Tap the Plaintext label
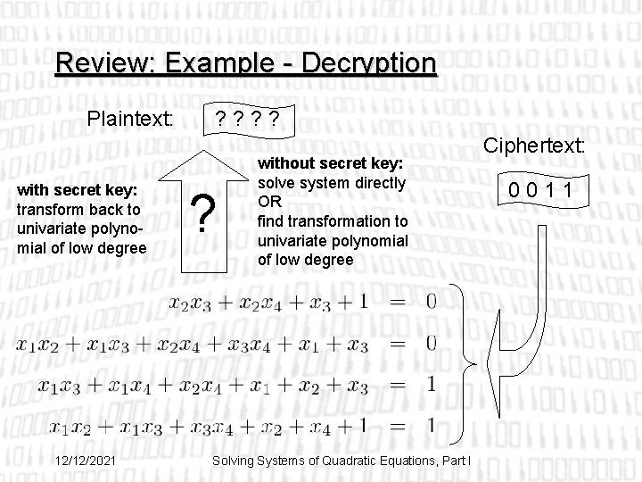(x=129, y=119)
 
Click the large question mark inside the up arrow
(x=206, y=217)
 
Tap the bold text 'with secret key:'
(x=78, y=189)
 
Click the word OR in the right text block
(x=269, y=203)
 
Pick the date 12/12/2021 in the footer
(x=83, y=460)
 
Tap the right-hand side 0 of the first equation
(x=432, y=302)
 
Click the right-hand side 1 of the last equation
(x=432, y=425)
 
